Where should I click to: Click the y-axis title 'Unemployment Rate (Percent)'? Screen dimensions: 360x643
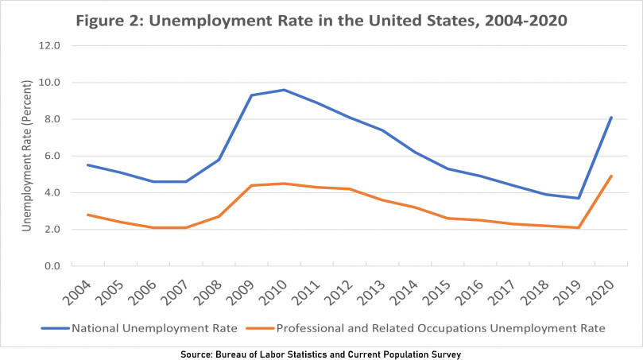click(x=26, y=157)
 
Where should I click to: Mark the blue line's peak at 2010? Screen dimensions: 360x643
click(x=284, y=90)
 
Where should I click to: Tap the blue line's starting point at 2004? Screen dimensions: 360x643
click(x=88, y=165)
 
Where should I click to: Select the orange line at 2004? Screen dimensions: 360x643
click(x=88, y=215)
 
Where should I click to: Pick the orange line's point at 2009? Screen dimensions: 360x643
click(x=251, y=185)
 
